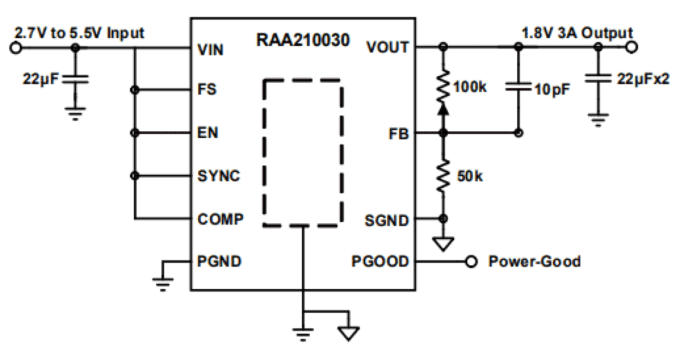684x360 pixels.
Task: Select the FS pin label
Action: coord(207,89)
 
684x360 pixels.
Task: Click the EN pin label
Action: coord(207,132)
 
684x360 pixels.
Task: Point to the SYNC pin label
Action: coord(218,176)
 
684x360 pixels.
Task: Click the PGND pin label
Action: coord(219,261)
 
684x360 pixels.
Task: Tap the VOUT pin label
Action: coord(388,47)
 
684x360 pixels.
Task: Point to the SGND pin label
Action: coord(387,221)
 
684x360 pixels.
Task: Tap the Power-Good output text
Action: coord(534,262)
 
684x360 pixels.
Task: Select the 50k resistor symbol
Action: coord(444,176)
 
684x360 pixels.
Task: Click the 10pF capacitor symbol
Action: coord(518,86)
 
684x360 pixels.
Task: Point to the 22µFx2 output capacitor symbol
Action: coord(598,80)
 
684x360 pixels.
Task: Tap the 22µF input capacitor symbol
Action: coord(75,80)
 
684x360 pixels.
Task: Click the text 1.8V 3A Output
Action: coord(577,32)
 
